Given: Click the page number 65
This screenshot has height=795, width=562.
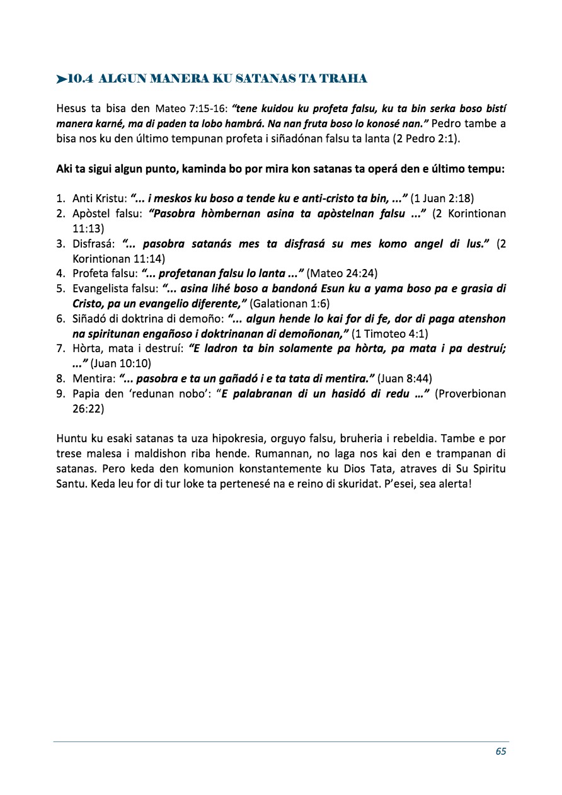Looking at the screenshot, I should click(501, 751).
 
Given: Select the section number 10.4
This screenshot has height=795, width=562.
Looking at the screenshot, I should click(81, 79).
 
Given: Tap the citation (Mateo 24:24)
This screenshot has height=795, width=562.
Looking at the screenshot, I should click(342, 273).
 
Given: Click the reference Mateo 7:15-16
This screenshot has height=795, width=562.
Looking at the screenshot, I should click(192, 108).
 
